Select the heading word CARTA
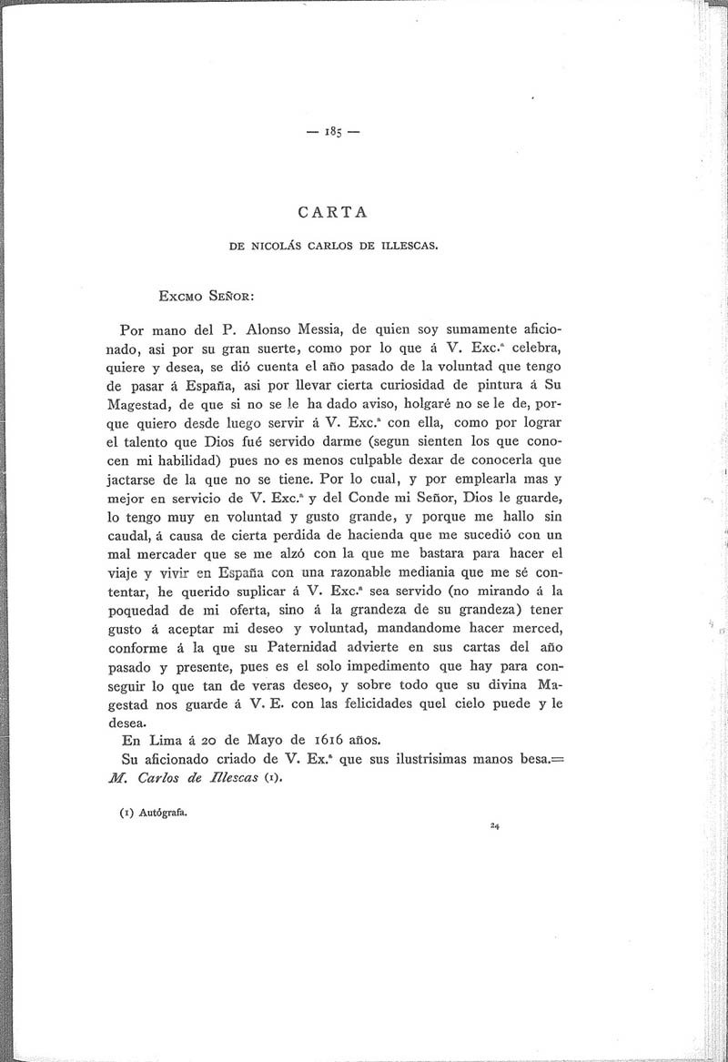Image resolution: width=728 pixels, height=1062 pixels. [x=332, y=212]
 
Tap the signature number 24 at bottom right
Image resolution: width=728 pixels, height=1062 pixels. [x=494, y=826]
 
